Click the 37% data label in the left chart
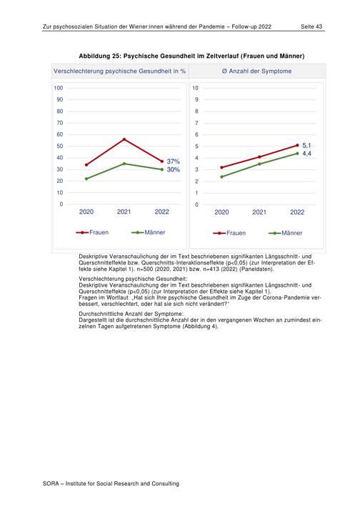[x=173, y=162]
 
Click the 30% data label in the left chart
[x=173, y=169]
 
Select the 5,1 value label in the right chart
[x=306, y=145]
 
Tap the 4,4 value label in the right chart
[x=306, y=153]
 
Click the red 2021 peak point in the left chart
[x=124, y=139]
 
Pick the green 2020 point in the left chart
[x=86, y=179]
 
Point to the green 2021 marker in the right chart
[x=259, y=164]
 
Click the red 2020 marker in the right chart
[x=221, y=167]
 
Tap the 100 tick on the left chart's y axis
[x=59, y=88]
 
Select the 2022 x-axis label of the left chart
[x=162, y=212]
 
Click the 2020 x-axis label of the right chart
[x=221, y=212]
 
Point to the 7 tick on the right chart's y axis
[x=196, y=123]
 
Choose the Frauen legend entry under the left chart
[x=92, y=232]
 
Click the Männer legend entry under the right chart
[x=286, y=233]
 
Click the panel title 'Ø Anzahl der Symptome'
[x=257, y=71]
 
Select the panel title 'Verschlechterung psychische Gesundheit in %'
[x=120, y=71]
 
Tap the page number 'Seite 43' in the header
[x=311, y=26]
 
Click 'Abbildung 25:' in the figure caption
[x=100, y=56]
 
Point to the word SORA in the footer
[x=51, y=484]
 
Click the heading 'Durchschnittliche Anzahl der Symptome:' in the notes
[x=131, y=314]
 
